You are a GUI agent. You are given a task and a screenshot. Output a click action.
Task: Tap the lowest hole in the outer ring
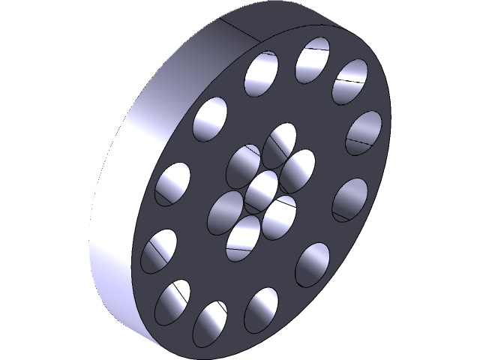point(210,324)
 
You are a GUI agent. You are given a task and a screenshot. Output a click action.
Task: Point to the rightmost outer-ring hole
point(364,130)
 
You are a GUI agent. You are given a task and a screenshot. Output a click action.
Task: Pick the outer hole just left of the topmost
point(262,74)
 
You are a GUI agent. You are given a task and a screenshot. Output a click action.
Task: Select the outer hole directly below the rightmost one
point(349,199)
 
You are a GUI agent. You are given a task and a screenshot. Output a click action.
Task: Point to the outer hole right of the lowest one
point(261,309)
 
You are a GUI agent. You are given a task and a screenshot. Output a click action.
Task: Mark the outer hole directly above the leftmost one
point(172,184)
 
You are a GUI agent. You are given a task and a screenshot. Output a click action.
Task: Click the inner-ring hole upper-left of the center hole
point(243,164)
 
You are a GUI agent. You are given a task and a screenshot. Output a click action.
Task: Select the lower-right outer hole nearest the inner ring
point(312,264)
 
